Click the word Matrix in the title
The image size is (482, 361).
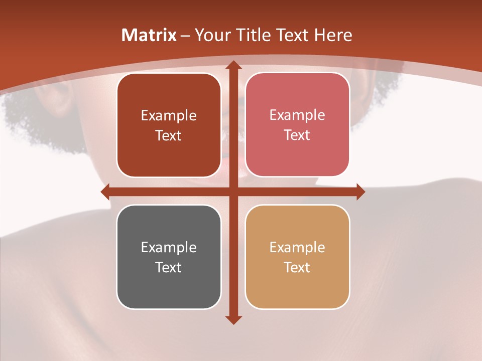coord(149,35)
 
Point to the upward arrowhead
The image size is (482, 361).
coord(232,65)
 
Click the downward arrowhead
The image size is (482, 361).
coord(232,319)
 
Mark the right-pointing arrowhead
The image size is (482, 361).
coord(360,192)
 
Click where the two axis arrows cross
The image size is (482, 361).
coord(232,192)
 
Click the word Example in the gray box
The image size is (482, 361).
coord(169,247)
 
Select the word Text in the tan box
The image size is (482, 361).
coord(297,267)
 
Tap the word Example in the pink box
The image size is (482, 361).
coord(297,115)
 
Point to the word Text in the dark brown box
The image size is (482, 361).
coord(169,135)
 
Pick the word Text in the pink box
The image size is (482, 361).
coord(297,135)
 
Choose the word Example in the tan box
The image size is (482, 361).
coord(297,247)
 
